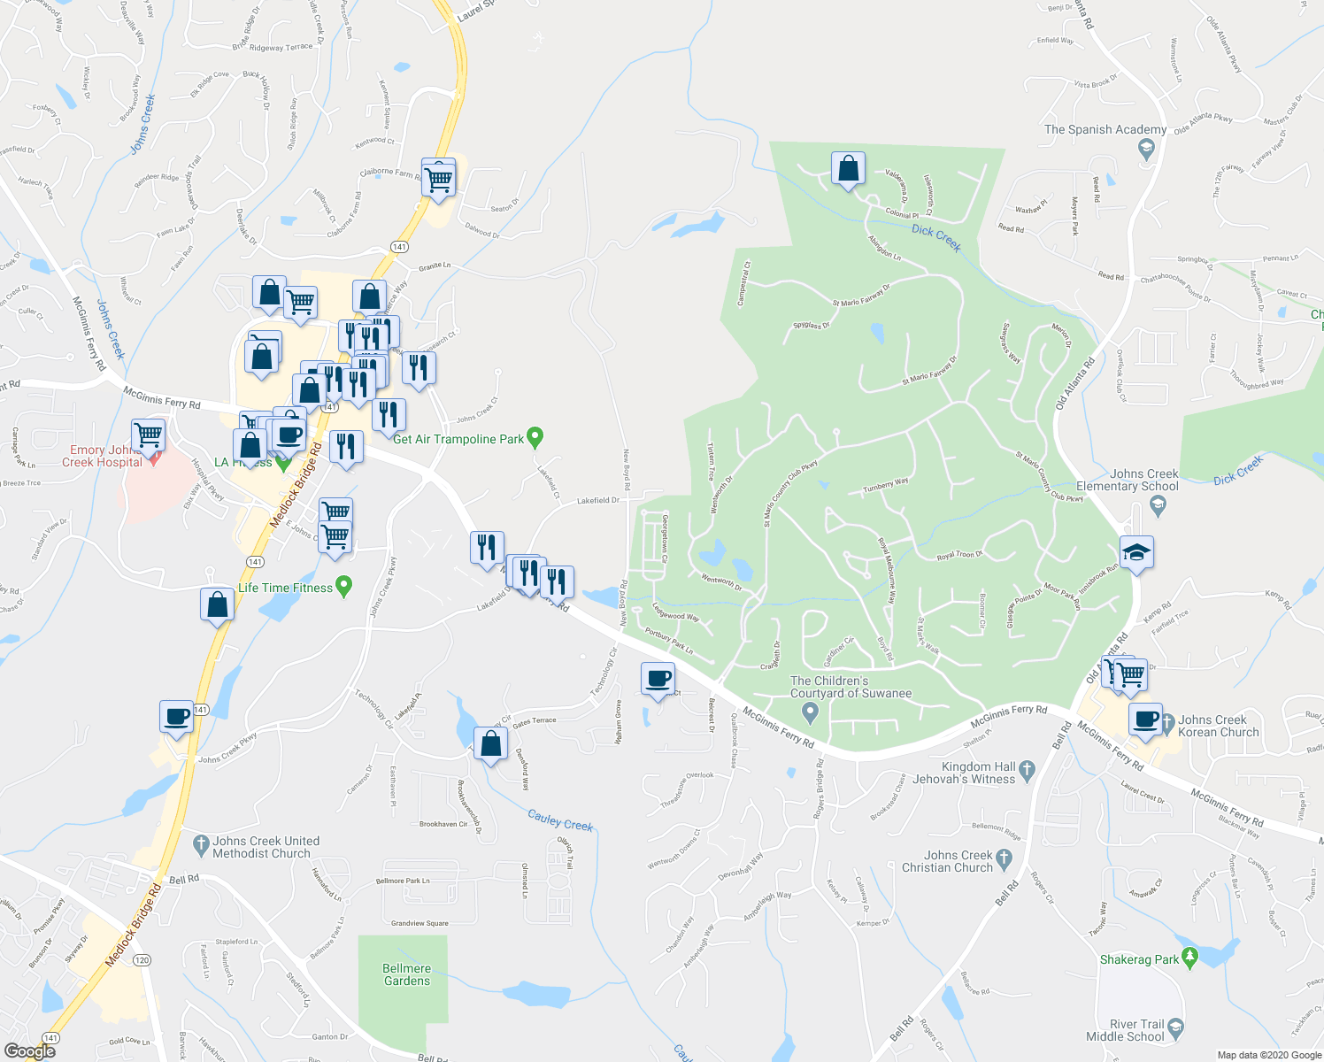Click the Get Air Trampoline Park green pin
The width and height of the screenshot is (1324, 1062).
point(535,436)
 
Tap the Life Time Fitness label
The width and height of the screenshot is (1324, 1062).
point(285,588)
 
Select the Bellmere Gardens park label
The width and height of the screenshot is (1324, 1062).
point(407,974)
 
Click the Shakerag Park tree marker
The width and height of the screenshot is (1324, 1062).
point(1189,957)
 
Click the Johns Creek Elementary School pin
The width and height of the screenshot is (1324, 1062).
point(1156,505)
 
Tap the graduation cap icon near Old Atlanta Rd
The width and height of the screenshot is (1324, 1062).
point(1136,553)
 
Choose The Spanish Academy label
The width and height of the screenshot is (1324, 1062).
point(1105,129)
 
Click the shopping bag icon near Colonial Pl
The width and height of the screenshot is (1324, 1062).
point(848,168)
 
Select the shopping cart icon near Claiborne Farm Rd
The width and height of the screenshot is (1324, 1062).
point(439,179)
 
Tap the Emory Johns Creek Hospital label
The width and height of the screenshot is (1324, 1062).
point(101,456)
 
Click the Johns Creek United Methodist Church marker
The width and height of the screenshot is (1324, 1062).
point(200,845)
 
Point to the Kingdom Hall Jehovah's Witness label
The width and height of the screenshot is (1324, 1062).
point(977,773)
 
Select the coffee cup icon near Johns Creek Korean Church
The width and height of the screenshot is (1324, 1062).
point(1145,720)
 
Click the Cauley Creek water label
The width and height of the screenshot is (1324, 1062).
point(560,820)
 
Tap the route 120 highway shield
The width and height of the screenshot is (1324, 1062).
point(142,959)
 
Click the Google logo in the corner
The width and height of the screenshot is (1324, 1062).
point(30,1050)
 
